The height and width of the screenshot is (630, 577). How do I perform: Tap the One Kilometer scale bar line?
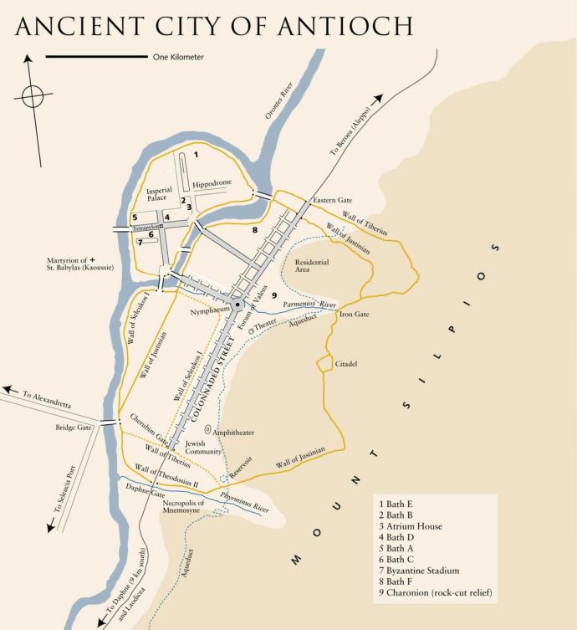(95, 57)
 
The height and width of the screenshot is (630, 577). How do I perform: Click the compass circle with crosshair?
(33, 96)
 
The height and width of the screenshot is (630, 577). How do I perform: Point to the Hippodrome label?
(212, 183)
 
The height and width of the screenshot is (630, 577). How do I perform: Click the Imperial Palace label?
(159, 194)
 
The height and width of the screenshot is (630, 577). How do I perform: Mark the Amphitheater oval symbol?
(207, 429)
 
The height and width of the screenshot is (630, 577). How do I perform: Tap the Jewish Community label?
(203, 447)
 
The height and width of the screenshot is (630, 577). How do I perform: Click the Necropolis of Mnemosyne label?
(183, 505)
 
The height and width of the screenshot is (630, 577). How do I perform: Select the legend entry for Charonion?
(435, 593)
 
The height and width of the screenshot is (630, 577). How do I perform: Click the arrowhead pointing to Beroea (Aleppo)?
(378, 99)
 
